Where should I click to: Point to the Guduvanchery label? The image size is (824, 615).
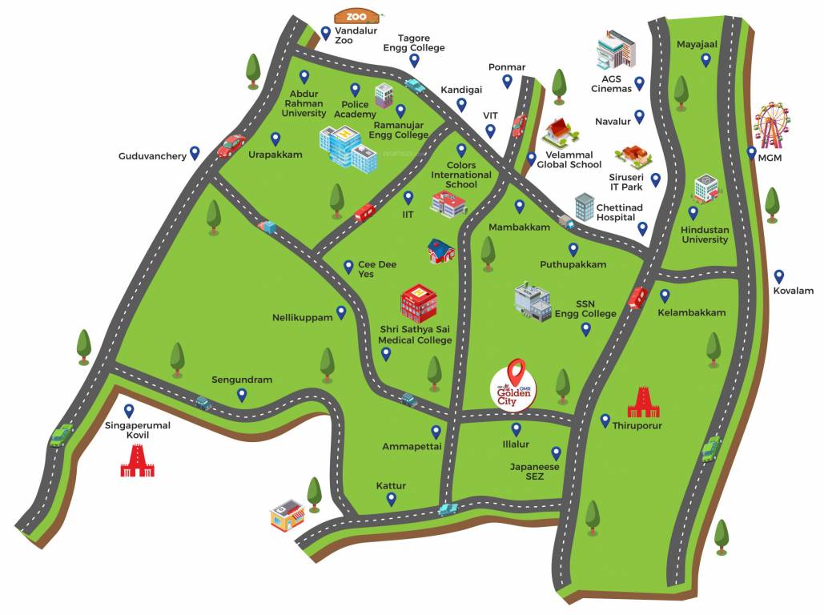152,156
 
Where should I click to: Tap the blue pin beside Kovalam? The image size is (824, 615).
779,276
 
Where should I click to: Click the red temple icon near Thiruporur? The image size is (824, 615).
643,403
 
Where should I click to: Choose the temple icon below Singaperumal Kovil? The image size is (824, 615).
137,461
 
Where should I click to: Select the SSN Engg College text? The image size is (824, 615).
585,309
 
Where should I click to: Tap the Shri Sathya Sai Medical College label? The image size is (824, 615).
415,335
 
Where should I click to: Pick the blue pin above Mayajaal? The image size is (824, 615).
705,59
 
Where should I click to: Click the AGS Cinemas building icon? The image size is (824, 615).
615,50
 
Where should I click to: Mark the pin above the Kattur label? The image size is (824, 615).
392,499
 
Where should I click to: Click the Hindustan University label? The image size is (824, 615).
705,234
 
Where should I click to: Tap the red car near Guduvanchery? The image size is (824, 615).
231,145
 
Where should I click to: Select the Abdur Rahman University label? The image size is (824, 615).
303,103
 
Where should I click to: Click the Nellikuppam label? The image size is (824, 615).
302,318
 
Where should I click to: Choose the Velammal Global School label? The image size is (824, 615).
569,159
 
